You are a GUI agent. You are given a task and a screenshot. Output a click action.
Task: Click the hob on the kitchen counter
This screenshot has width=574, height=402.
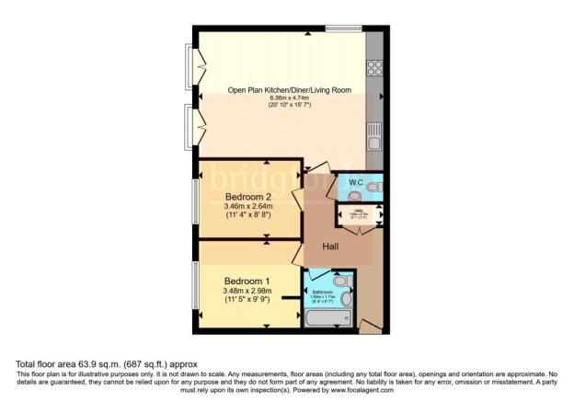375,68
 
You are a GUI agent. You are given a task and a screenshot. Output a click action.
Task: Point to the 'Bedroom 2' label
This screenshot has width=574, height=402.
247,196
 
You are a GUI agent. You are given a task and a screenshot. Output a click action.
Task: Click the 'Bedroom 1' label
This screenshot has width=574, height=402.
247,281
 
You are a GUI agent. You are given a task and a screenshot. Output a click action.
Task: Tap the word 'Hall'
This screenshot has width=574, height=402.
333,245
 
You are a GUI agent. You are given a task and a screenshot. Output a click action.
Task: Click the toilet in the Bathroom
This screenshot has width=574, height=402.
340,281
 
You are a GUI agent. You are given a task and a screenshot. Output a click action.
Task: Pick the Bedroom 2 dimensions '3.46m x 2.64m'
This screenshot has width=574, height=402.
249,207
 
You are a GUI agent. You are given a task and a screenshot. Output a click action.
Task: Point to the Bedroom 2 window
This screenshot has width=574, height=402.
194,201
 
